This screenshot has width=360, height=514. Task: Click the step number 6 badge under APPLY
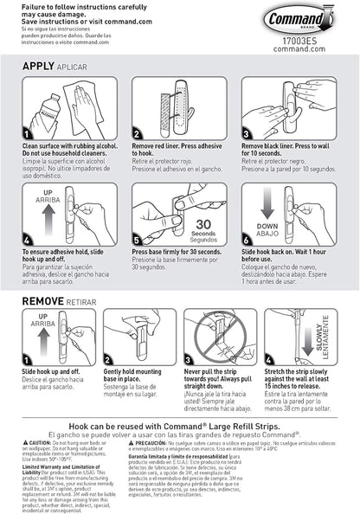[x=247, y=239]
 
